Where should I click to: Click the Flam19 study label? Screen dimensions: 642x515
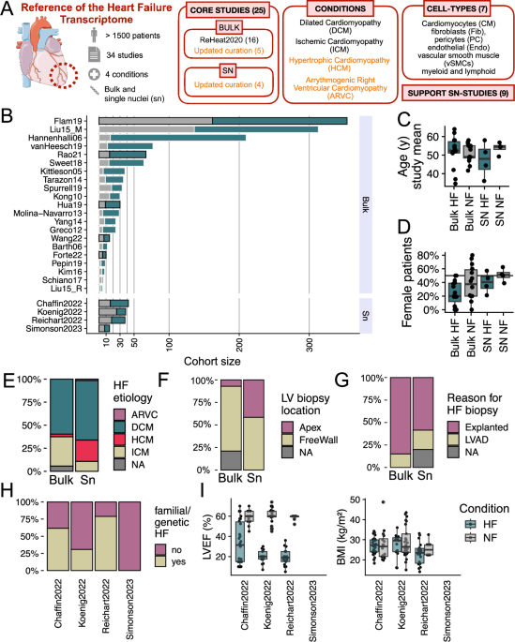point(78,120)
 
